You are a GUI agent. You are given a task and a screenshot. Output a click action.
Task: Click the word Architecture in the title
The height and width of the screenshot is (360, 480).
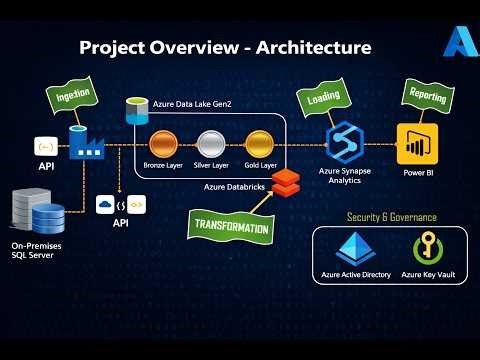point(306,47)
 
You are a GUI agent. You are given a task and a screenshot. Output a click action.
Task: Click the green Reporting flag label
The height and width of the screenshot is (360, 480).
point(428,96)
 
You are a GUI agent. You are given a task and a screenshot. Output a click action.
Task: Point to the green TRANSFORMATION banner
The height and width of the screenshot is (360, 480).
point(230,226)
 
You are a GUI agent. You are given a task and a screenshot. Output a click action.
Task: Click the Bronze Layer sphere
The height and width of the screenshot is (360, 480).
point(163,144)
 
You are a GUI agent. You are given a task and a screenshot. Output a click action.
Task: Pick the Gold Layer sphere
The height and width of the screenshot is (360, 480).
point(258,144)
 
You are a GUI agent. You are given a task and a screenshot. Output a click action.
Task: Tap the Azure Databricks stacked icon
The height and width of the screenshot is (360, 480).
point(287,181)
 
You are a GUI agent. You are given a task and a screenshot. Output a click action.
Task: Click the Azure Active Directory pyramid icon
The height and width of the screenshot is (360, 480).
point(355,248)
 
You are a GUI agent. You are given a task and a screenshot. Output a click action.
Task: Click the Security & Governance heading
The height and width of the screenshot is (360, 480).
point(391,216)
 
